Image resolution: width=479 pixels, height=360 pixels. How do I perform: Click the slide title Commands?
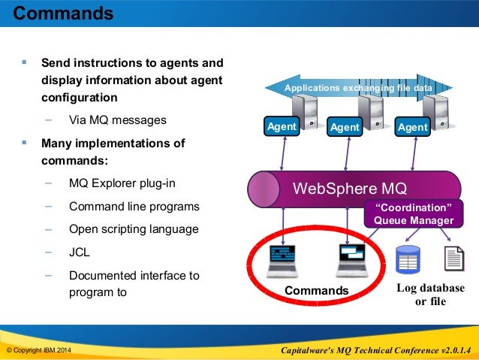(x=64, y=14)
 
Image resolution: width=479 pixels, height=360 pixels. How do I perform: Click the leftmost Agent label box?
(x=282, y=127)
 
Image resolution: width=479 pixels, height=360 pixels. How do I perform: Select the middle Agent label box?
(x=345, y=128)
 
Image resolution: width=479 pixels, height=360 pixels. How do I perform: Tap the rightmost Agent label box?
(x=413, y=128)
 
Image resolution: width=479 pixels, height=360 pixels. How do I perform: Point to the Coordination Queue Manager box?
(x=410, y=213)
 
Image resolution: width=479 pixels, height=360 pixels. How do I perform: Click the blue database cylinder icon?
(x=408, y=259)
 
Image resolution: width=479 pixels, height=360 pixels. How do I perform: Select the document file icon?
(x=455, y=259)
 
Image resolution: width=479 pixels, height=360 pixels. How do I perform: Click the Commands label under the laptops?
(x=317, y=291)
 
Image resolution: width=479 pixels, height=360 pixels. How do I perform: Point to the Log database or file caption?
(x=430, y=295)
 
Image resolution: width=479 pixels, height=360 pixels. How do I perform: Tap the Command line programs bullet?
(x=134, y=206)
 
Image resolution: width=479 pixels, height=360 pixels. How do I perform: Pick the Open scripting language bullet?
(x=134, y=229)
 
